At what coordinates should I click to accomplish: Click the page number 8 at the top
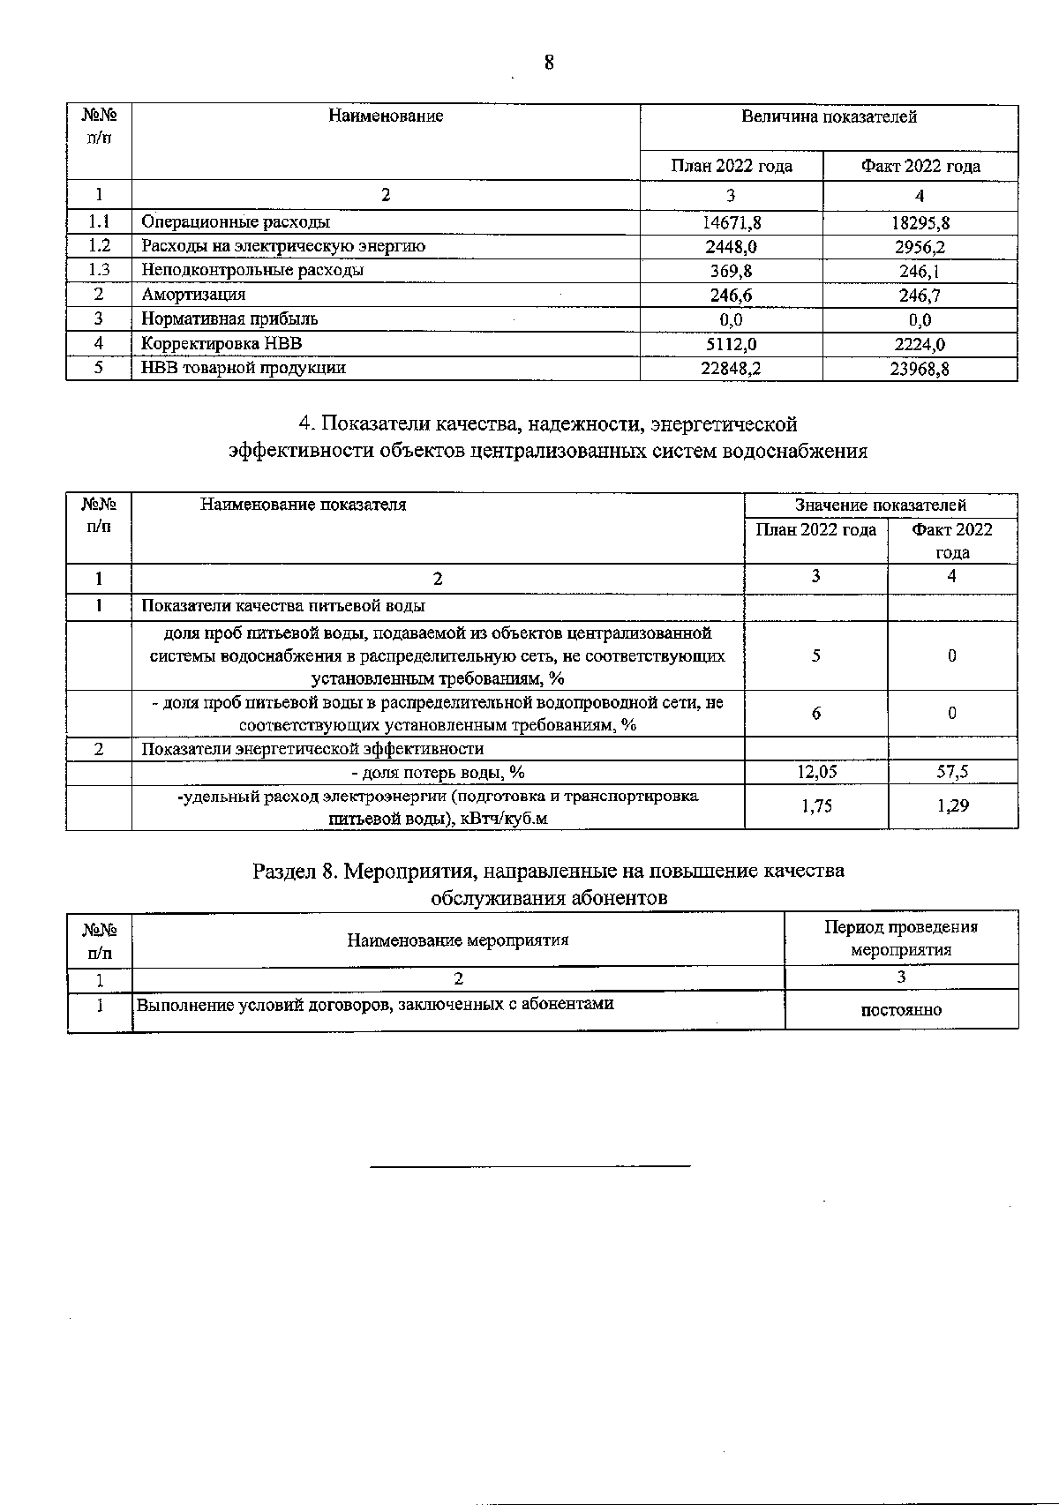click(x=549, y=63)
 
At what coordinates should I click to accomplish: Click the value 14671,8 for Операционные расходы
click(x=731, y=223)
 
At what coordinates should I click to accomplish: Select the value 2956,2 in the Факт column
click(x=920, y=247)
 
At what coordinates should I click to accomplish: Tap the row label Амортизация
click(x=193, y=295)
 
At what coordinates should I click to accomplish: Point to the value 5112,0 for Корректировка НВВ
click(x=731, y=344)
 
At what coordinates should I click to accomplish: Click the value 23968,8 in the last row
click(x=920, y=369)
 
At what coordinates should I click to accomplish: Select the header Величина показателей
click(x=829, y=117)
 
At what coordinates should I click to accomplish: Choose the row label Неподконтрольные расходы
click(x=252, y=271)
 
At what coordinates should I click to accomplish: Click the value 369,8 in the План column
click(x=731, y=271)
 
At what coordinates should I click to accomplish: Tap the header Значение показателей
click(x=880, y=505)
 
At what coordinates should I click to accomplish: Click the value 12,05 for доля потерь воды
click(x=815, y=773)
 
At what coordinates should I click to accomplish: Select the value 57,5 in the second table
click(x=952, y=773)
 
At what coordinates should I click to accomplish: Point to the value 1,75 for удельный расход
click(x=815, y=805)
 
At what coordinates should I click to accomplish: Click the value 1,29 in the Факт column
click(x=952, y=805)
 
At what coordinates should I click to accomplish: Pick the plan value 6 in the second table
click(x=815, y=714)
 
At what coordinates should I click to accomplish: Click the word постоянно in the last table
click(x=901, y=1010)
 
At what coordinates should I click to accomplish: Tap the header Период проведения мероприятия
click(x=901, y=938)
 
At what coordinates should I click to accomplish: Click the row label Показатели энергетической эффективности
click(x=312, y=749)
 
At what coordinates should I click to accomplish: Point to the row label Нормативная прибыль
click(x=229, y=318)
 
